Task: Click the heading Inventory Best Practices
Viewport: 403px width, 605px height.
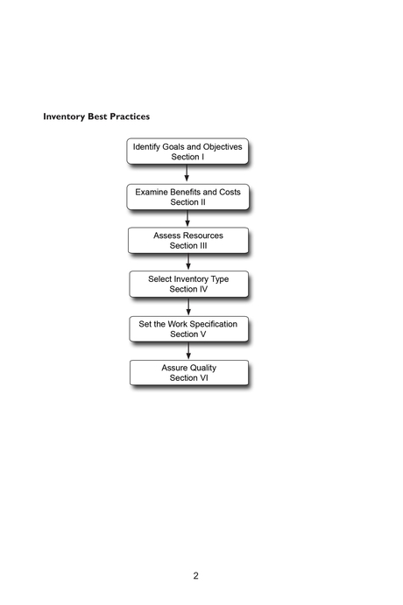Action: click(96, 116)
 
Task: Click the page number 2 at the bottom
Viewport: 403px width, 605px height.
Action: click(196, 575)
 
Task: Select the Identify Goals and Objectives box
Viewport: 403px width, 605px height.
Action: click(187, 151)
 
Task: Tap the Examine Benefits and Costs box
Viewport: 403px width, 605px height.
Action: click(187, 196)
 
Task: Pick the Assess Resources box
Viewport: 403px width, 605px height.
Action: click(188, 240)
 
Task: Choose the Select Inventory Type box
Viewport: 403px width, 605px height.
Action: click(188, 284)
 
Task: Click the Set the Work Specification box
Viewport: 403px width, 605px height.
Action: click(188, 328)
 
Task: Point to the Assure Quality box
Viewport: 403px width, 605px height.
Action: click(188, 372)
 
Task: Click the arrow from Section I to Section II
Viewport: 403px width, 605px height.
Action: click(187, 173)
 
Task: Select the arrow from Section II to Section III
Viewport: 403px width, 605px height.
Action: click(187, 218)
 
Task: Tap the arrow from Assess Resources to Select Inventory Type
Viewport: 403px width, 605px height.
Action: click(188, 262)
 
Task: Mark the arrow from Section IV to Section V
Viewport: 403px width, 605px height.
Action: click(188, 306)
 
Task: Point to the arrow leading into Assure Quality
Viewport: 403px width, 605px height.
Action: click(188, 350)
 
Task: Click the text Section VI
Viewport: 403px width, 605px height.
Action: click(188, 378)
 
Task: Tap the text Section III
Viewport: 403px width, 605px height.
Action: click(188, 246)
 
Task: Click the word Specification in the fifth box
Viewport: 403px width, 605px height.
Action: click(210, 323)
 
